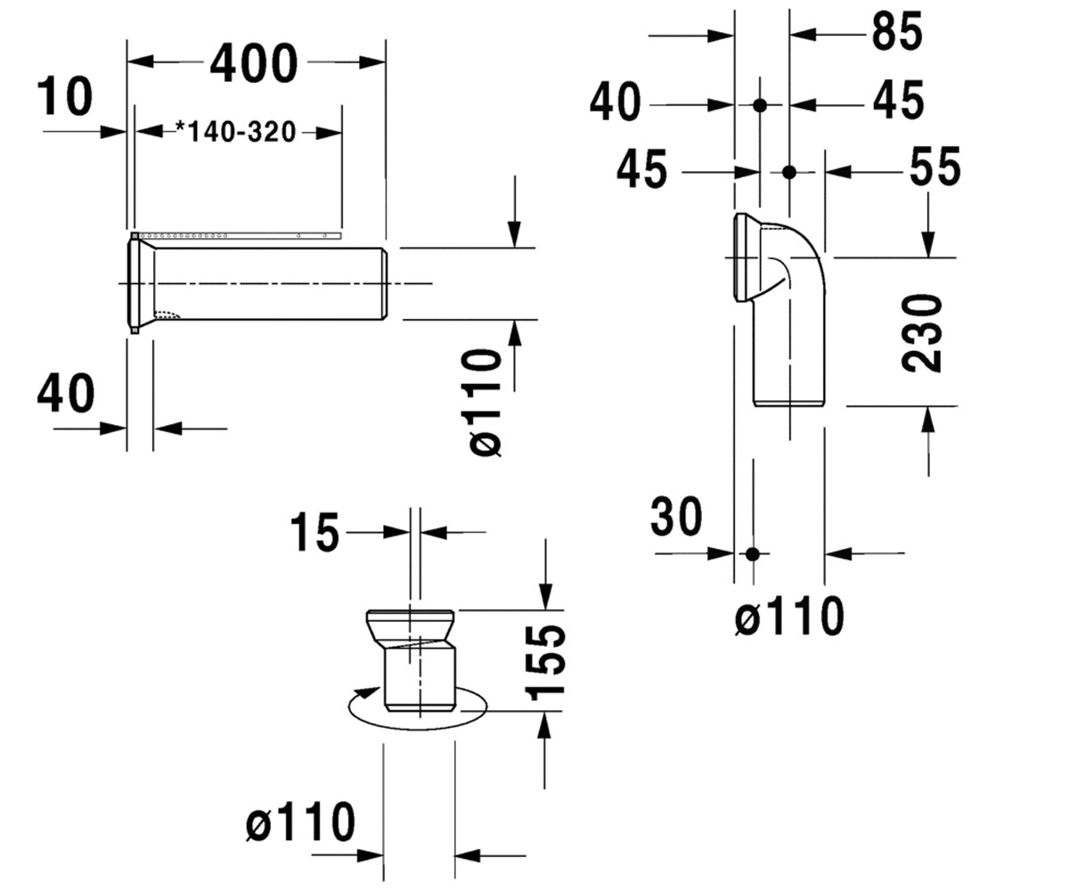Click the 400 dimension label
pyautogui.click(x=254, y=63)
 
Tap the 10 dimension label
pyautogui.click(x=65, y=96)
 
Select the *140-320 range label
pyautogui.click(x=236, y=132)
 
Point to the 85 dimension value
pyautogui.click(x=897, y=31)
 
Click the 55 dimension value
pyautogui.click(x=934, y=167)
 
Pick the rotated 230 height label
pyautogui.click(x=921, y=333)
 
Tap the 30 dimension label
pyautogui.click(x=676, y=517)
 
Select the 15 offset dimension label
pyautogui.click(x=314, y=533)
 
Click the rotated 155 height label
pyautogui.click(x=545, y=662)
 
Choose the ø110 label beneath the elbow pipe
pyautogui.click(x=789, y=616)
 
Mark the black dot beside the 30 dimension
pyautogui.click(x=752, y=553)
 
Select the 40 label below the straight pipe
pyautogui.click(x=66, y=393)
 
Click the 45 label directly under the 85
pyautogui.click(x=899, y=100)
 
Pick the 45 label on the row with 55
pyautogui.click(x=642, y=169)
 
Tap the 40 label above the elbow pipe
pyautogui.click(x=616, y=102)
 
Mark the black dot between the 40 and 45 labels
pyautogui.click(x=760, y=105)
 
